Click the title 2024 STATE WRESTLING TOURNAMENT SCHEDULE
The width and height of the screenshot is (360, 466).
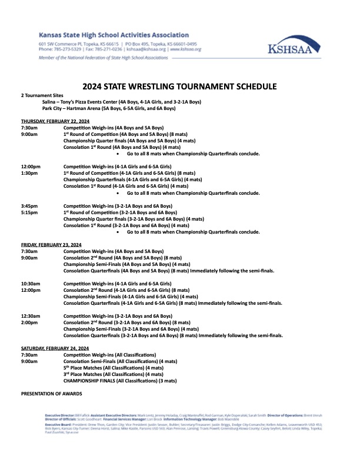[179, 86]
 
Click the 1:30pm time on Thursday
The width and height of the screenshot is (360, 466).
[30, 173]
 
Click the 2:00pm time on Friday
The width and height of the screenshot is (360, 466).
[29, 322]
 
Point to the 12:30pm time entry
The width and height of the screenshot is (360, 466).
[31, 316]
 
